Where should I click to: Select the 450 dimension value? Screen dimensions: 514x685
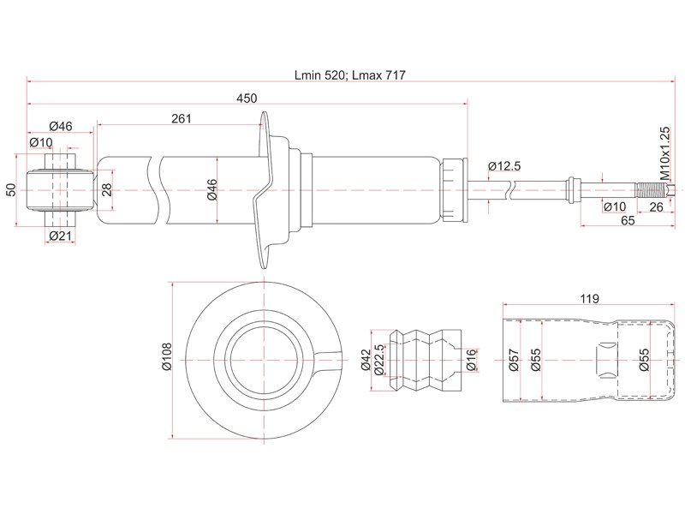[x=247, y=99]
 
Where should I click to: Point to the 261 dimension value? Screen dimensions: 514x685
[x=181, y=119]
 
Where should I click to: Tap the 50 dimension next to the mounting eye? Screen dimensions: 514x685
[x=9, y=189]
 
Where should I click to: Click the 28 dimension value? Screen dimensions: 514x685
[x=107, y=189]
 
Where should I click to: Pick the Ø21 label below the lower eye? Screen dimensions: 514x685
[x=59, y=236]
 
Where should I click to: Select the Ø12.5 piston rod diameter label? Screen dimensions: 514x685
[x=504, y=165]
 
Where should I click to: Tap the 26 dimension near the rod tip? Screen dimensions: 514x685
[x=656, y=206]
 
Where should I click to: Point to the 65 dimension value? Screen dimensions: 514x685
[x=628, y=221]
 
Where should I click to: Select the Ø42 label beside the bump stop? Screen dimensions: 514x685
[x=366, y=360]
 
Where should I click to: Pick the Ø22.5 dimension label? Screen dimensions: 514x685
[x=378, y=360]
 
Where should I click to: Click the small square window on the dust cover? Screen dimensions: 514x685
[x=606, y=357]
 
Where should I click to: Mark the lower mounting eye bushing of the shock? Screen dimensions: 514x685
[x=59, y=189]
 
